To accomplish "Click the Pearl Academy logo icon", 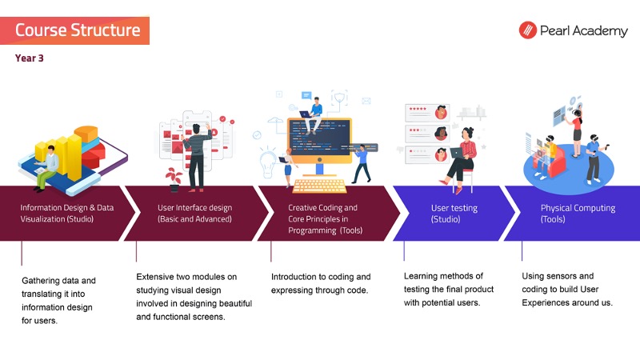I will point(527,31).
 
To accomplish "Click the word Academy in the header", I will point(600,31).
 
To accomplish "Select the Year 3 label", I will point(29,58).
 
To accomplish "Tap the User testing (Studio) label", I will point(454,213).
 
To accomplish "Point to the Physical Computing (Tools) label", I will point(578,213).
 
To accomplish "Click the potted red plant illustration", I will point(174,176).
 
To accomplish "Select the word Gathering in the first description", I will point(42,281).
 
